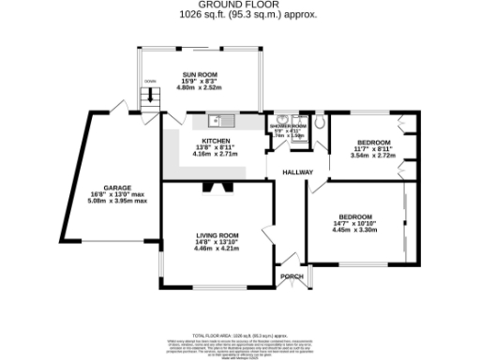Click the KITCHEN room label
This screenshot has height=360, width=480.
tap(216, 142)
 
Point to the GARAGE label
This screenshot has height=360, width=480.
tap(117, 187)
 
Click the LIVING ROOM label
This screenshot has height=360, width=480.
tap(217, 235)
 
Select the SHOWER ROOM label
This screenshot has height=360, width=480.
tap(288, 126)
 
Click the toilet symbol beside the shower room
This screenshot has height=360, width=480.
tap(320, 122)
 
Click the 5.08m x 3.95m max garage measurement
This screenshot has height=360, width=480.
tap(117, 201)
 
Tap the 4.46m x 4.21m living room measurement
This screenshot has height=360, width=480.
tap(217, 249)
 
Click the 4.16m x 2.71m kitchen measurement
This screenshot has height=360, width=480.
tap(216, 155)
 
